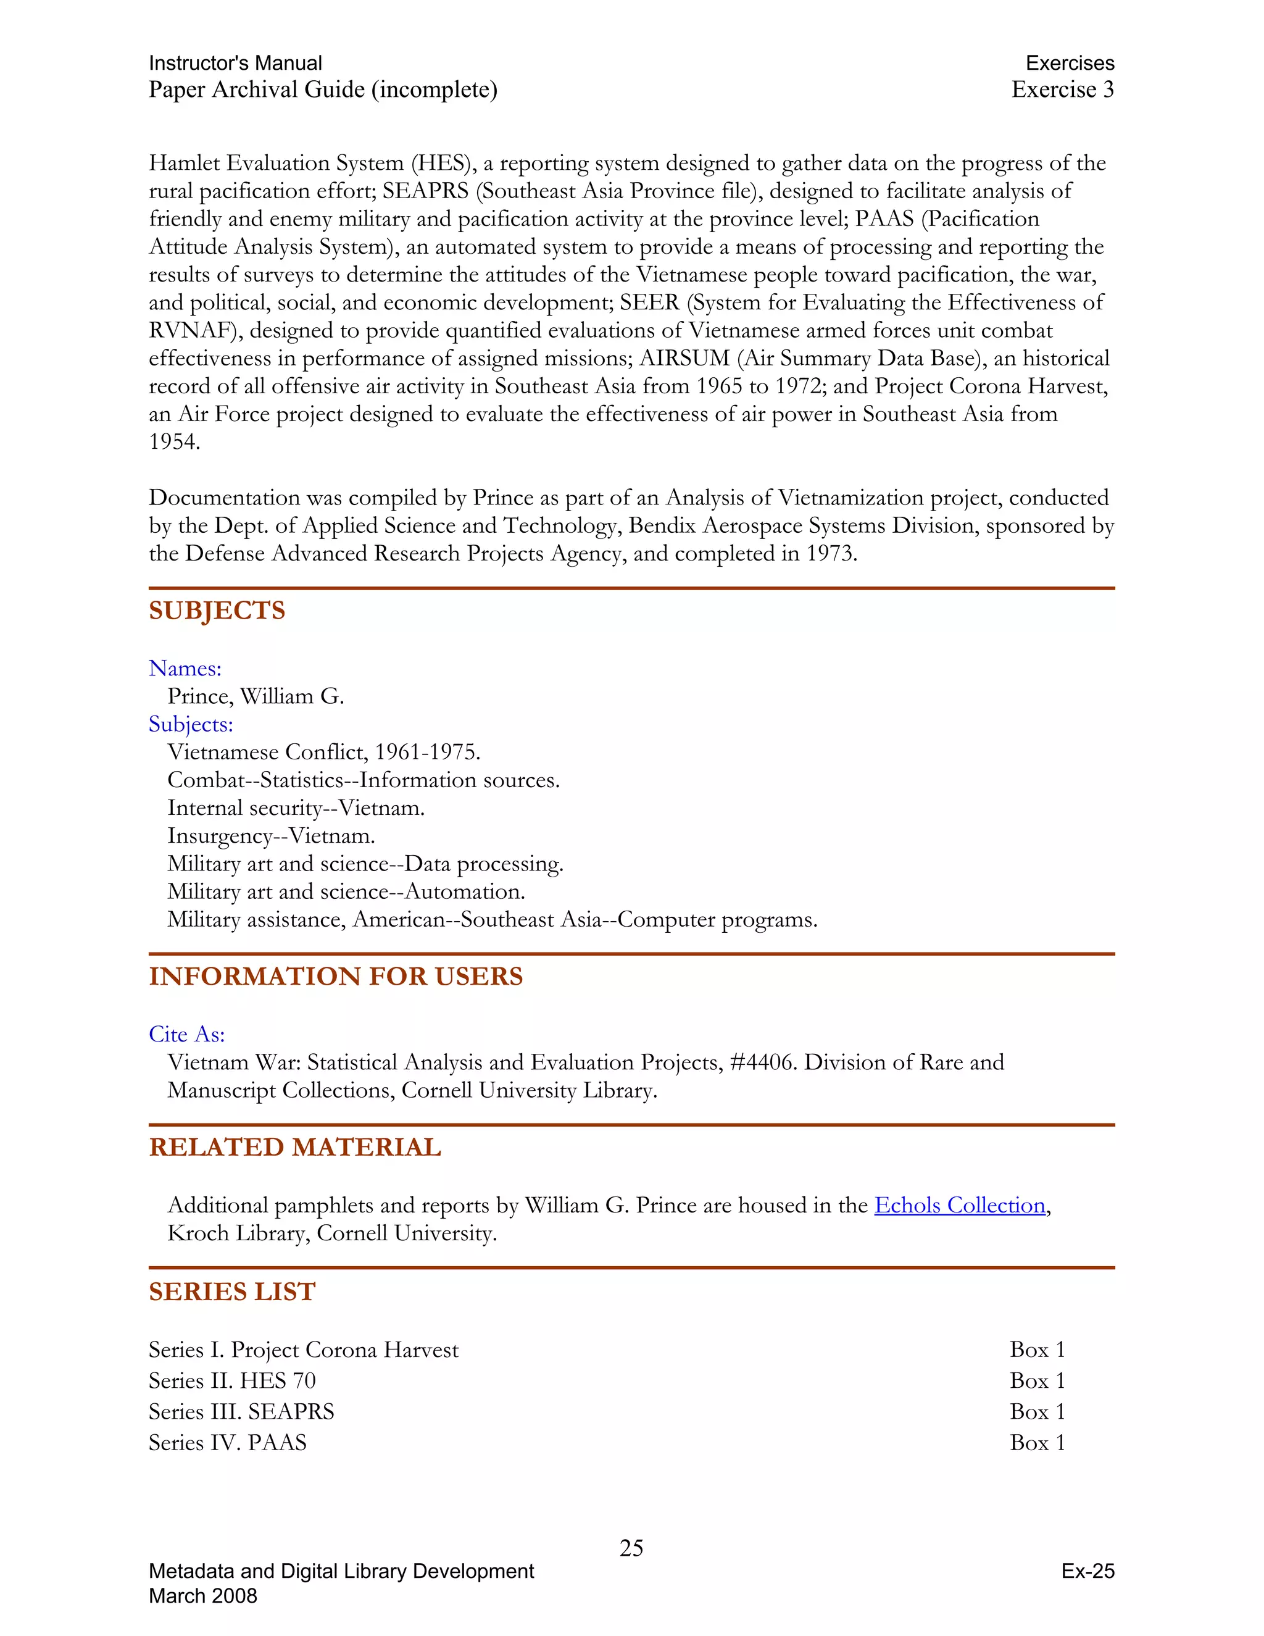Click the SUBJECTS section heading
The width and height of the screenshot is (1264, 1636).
pyautogui.click(x=217, y=611)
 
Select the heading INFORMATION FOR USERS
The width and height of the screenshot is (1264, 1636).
pyautogui.click(x=336, y=976)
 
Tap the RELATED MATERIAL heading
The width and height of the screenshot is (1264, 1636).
pyautogui.click(x=294, y=1147)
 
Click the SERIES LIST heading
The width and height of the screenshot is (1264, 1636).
pyautogui.click(x=231, y=1292)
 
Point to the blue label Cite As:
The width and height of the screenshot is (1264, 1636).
pyautogui.click(x=186, y=1035)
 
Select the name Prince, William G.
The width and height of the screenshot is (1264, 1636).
pyautogui.click(x=256, y=696)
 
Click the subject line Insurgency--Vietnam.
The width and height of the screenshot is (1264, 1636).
pyautogui.click(x=270, y=836)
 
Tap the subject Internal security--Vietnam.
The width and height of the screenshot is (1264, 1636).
pyautogui.click(x=296, y=808)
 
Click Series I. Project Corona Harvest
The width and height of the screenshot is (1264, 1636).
pyautogui.click(x=303, y=1350)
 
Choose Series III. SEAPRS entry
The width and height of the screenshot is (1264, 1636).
pyautogui.click(x=241, y=1412)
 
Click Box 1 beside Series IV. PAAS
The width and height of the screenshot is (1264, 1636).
pyautogui.click(x=1037, y=1443)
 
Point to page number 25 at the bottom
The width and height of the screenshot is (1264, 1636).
pyautogui.click(x=631, y=1548)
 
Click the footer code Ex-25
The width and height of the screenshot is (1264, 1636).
pyautogui.click(x=1087, y=1572)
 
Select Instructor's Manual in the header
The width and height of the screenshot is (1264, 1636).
pyautogui.click(x=235, y=63)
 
